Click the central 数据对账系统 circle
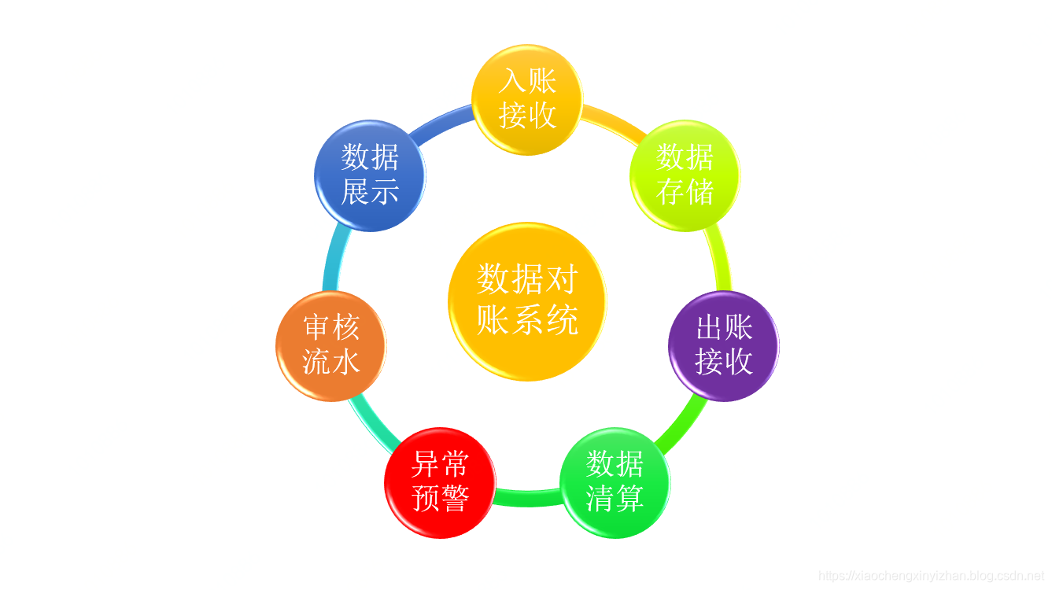[526, 301]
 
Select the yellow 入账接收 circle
[526, 99]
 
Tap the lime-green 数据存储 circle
[685, 175]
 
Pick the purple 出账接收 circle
[723, 345]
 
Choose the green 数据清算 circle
[615, 482]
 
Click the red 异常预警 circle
[440, 482]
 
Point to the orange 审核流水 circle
[330, 345]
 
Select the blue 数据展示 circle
[369, 175]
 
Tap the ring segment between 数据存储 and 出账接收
[718, 260]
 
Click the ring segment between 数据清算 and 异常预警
[527, 498]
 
